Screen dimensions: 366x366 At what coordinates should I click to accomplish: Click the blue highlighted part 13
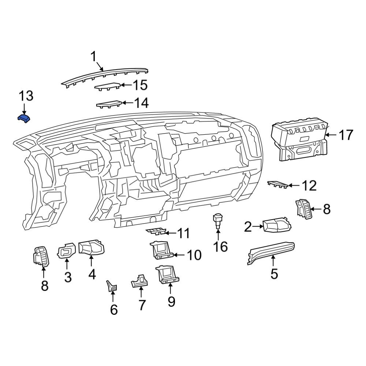(24, 119)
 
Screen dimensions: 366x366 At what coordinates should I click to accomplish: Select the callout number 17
(346, 135)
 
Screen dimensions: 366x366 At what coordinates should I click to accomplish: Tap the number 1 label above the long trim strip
(93, 57)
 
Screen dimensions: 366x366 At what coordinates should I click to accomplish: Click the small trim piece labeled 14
(109, 104)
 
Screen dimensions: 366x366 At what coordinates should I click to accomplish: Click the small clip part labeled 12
(278, 184)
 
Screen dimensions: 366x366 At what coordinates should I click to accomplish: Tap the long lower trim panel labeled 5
(271, 253)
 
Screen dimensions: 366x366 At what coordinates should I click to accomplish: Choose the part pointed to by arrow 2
(277, 225)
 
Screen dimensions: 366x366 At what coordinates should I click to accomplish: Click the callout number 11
(183, 233)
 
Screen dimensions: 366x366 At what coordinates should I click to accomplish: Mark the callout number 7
(141, 305)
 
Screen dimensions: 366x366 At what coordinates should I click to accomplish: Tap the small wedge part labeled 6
(112, 287)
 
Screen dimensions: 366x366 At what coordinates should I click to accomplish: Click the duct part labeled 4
(91, 247)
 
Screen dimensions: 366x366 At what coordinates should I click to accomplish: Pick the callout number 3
(68, 277)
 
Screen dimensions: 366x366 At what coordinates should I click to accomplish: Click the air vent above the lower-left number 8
(41, 256)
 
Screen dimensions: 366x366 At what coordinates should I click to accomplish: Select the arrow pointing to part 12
(294, 186)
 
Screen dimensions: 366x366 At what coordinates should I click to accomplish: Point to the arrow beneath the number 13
(24, 109)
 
